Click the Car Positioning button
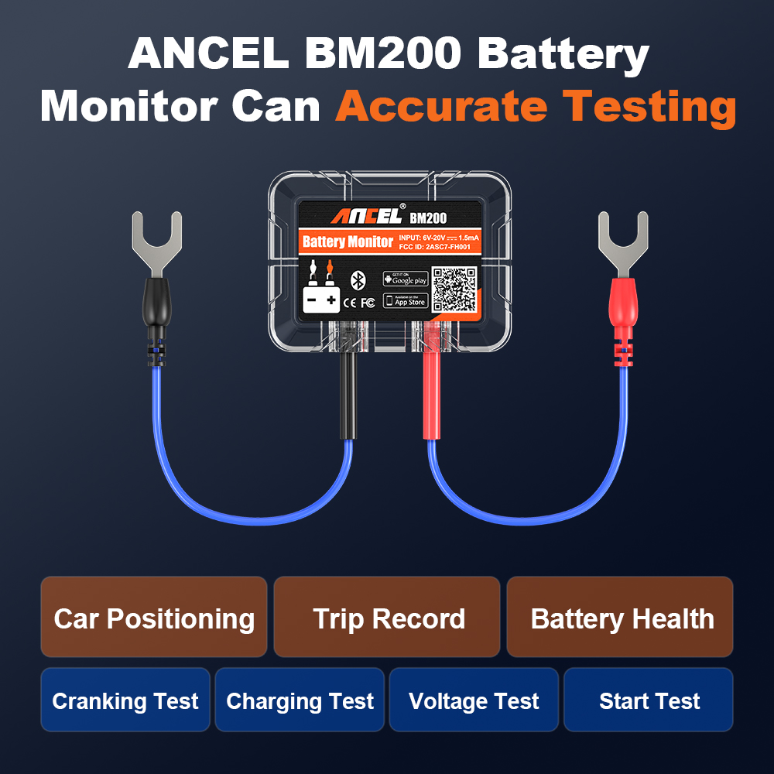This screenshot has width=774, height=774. click(154, 618)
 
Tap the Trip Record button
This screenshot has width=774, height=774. click(388, 618)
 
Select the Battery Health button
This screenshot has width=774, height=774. click(621, 618)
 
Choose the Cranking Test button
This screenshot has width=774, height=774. click(125, 700)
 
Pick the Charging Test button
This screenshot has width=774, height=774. click(300, 700)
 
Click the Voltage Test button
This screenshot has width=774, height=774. click(474, 700)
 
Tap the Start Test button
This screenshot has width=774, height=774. click(649, 700)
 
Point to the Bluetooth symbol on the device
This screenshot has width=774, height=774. click(358, 279)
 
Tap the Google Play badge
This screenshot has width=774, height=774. click(406, 279)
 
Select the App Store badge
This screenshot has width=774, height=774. click(406, 300)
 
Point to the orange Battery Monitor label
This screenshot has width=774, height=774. click(348, 241)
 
